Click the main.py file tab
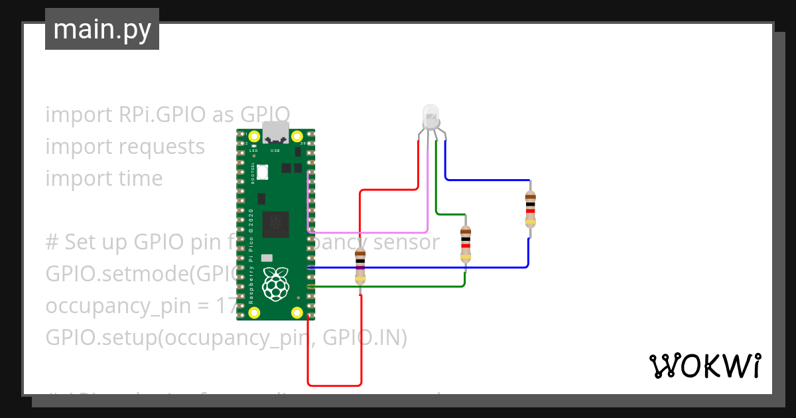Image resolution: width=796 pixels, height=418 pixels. [101, 29]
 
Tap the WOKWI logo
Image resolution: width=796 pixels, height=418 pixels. [704, 366]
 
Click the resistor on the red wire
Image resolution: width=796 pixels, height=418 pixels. [360, 265]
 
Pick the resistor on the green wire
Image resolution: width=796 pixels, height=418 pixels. [466, 244]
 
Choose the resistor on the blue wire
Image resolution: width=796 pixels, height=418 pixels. [530, 208]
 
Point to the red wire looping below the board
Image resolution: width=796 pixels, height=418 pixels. [335, 385]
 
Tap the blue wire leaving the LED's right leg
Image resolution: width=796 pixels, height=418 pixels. [488, 179]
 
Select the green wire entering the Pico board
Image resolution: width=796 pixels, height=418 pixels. [385, 287]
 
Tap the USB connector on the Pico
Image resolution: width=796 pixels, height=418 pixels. [275, 133]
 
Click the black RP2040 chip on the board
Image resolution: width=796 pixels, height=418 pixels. [275, 224]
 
